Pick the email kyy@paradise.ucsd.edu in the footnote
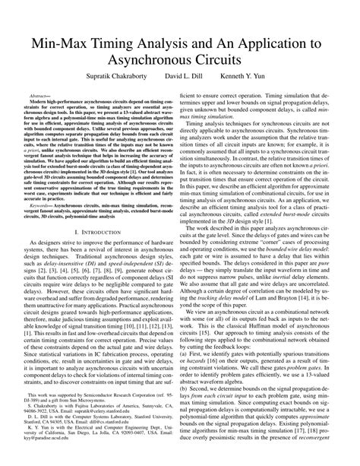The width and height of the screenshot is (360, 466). coord(43,461)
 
